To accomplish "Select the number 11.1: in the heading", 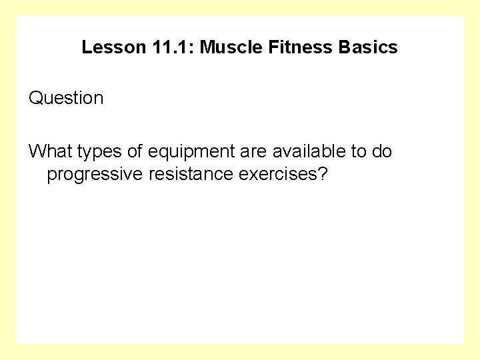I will [x=167, y=48].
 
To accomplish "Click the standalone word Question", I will [x=66, y=99].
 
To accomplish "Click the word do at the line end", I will [x=383, y=151].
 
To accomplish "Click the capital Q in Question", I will [x=35, y=99].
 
